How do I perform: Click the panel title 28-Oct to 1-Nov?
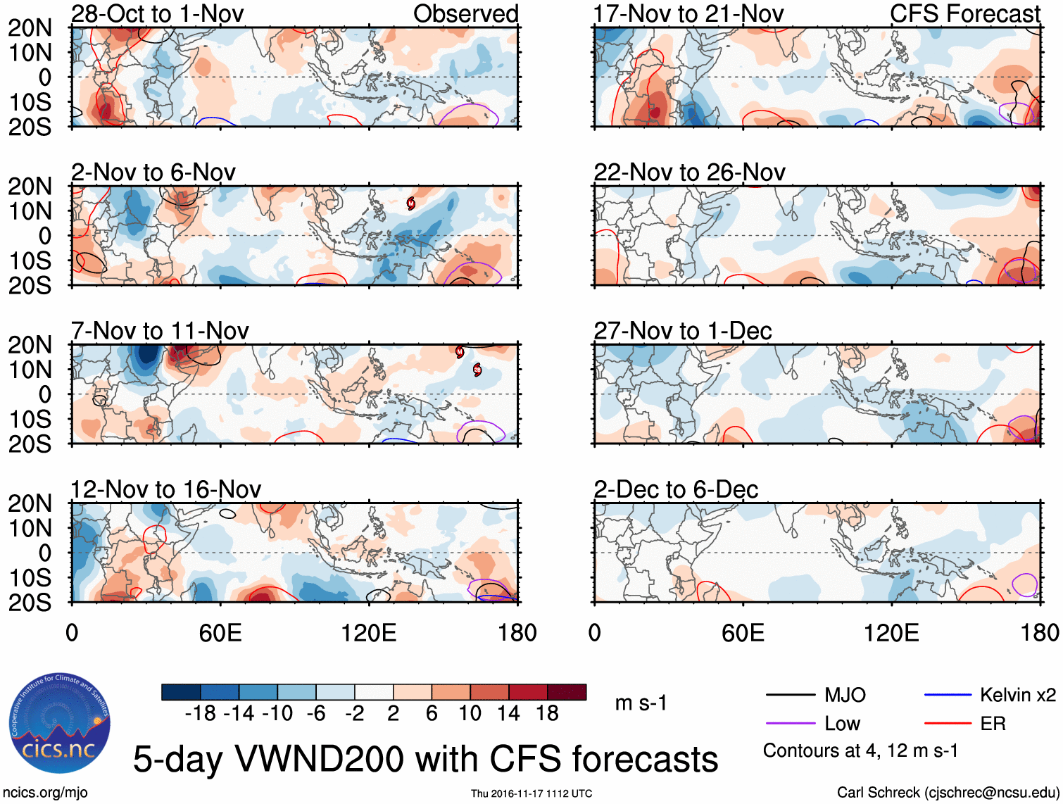[157, 13]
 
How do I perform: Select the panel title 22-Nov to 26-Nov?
[689, 172]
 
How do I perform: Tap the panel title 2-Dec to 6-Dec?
[676, 489]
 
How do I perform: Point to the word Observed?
[465, 13]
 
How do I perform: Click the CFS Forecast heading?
[965, 13]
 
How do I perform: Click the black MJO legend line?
[790, 696]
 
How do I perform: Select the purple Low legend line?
[790, 724]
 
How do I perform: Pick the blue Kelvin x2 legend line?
[948, 696]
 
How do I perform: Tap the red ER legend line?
[948, 724]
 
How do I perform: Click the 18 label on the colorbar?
[547, 714]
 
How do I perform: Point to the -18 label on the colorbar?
[200, 714]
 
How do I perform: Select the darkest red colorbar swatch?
[567, 692]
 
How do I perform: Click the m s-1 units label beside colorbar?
[641, 703]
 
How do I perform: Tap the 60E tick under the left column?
[220, 633]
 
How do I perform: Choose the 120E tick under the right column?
[891, 633]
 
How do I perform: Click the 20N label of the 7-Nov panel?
[30, 345]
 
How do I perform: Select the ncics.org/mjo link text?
[45, 793]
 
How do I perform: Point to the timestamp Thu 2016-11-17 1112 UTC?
[531, 793]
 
